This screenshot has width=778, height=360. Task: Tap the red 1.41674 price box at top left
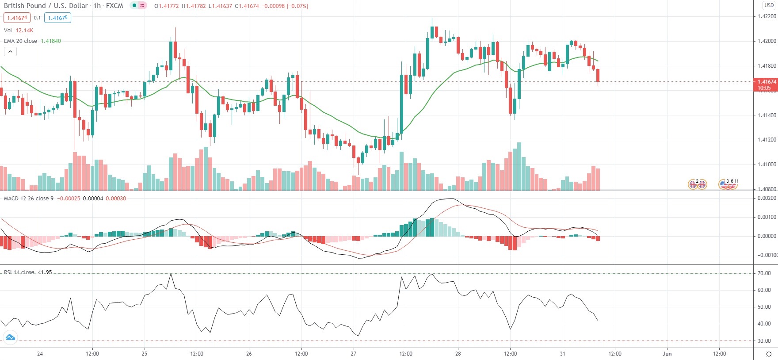(17, 18)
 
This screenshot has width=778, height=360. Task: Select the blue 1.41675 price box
(57, 18)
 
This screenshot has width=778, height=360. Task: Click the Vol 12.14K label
(18, 30)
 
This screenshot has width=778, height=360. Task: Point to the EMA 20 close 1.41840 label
(32, 41)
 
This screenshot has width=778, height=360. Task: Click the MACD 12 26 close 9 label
(28, 198)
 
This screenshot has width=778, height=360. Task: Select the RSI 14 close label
(19, 272)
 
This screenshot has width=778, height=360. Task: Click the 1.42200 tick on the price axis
(767, 16)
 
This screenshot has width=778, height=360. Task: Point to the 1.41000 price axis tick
(767, 165)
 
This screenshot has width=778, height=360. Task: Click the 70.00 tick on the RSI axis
(764, 273)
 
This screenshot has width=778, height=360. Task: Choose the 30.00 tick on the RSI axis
(764, 341)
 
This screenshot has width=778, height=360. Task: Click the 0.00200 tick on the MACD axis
(767, 198)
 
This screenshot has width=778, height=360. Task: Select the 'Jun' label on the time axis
(667, 353)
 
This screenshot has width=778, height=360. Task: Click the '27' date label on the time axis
(353, 353)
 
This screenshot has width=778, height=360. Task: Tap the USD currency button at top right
(769, 5)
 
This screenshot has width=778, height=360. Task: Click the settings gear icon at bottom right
(769, 354)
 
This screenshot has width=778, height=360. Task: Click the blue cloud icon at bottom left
(10, 338)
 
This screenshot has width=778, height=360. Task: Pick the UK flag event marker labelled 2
(697, 184)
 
